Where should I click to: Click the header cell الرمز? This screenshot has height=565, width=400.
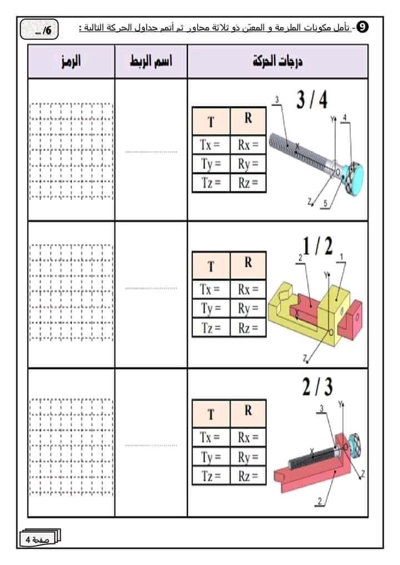pos(71,61)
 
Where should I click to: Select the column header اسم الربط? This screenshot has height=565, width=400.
pos(151,61)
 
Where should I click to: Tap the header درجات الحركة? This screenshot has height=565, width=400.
pos(278,61)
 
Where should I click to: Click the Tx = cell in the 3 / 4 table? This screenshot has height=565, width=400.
pos(211,145)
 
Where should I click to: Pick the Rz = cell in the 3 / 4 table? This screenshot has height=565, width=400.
pos(248,183)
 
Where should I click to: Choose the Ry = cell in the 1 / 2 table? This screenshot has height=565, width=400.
pos(248,308)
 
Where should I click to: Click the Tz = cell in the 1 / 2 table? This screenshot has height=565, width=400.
pos(211,327)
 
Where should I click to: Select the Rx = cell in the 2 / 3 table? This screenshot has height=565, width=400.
pos(248,437)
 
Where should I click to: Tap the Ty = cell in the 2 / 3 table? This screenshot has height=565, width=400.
pos(211,457)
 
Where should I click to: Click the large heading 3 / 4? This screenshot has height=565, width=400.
pos(312,100)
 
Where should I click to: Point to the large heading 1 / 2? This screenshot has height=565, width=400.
pos(317,246)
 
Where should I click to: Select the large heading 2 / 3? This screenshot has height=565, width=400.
pos(317,387)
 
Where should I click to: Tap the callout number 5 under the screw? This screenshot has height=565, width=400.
pos(325,204)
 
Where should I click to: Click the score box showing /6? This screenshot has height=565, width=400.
pos(39,29)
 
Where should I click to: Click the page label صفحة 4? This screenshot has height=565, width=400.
pos(38,539)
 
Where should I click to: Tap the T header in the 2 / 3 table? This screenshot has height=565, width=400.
pos(211,414)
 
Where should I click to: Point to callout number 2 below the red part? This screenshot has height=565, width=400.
pos(319,501)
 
